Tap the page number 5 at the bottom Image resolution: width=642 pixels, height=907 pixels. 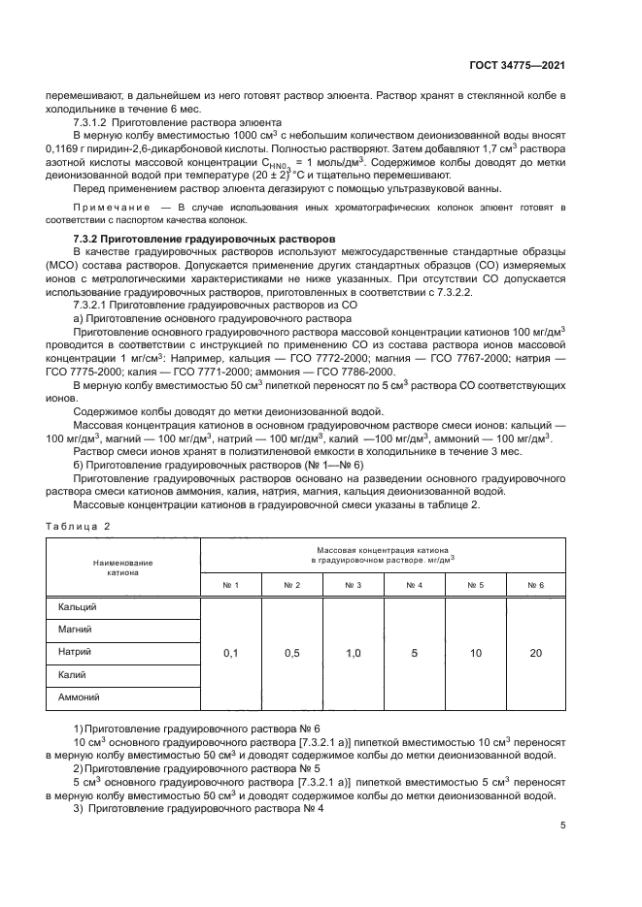pyautogui.click(x=563, y=826)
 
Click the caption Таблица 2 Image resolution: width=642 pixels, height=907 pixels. pyautogui.click(x=79, y=525)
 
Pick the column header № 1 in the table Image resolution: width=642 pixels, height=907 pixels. pyautogui.click(x=230, y=585)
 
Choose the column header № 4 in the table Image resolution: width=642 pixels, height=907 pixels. pyautogui.click(x=414, y=585)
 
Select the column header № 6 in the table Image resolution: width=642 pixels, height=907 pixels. pyautogui.click(x=535, y=585)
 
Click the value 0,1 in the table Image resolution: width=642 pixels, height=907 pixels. pyautogui.click(x=230, y=654)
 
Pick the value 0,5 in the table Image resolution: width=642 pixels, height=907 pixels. pyautogui.click(x=291, y=654)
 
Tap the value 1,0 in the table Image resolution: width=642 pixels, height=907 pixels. pyautogui.click(x=353, y=654)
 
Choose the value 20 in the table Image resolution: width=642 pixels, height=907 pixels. pyautogui.click(x=535, y=654)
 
